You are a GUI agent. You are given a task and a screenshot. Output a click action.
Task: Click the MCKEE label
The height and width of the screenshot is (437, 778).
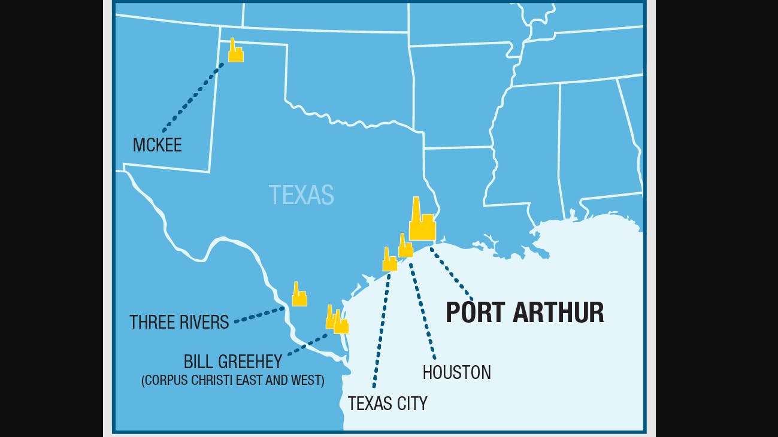(x=157, y=145)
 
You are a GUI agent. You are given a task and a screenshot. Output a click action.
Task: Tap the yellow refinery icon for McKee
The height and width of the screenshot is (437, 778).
(x=235, y=52)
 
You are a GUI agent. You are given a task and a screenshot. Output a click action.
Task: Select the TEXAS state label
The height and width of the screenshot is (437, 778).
(x=301, y=195)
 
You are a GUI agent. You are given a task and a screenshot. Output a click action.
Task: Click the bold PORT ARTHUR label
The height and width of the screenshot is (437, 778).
(x=525, y=313)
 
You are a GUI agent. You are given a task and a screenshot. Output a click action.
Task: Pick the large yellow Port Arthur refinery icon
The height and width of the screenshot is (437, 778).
(x=422, y=222)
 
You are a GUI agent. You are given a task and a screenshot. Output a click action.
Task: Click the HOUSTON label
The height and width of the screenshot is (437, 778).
(x=456, y=372)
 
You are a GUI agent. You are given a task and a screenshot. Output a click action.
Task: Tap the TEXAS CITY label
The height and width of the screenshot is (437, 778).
(x=388, y=403)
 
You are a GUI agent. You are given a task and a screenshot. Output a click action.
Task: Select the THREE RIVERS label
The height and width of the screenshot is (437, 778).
(x=179, y=322)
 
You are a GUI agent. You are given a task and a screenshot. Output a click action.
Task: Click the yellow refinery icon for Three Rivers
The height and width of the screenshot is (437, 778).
(x=299, y=296)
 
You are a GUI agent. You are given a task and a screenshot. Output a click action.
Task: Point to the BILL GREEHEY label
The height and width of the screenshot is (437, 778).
(x=232, y=362)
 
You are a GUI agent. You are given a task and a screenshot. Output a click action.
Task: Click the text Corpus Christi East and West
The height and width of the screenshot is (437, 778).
(x=232, y=380)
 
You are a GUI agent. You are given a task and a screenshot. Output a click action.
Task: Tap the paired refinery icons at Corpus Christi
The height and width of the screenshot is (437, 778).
(x=337, y=321)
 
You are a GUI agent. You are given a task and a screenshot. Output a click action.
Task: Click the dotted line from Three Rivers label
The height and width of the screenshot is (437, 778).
(x=259, y=315)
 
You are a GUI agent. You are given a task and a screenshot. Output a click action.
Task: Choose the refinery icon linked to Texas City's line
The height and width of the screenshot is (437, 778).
(x=389, y=261)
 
